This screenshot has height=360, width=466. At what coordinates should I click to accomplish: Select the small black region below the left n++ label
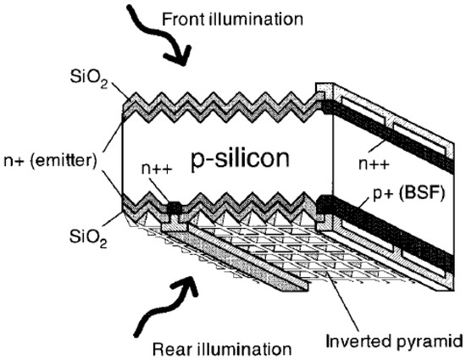[174, 207]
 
